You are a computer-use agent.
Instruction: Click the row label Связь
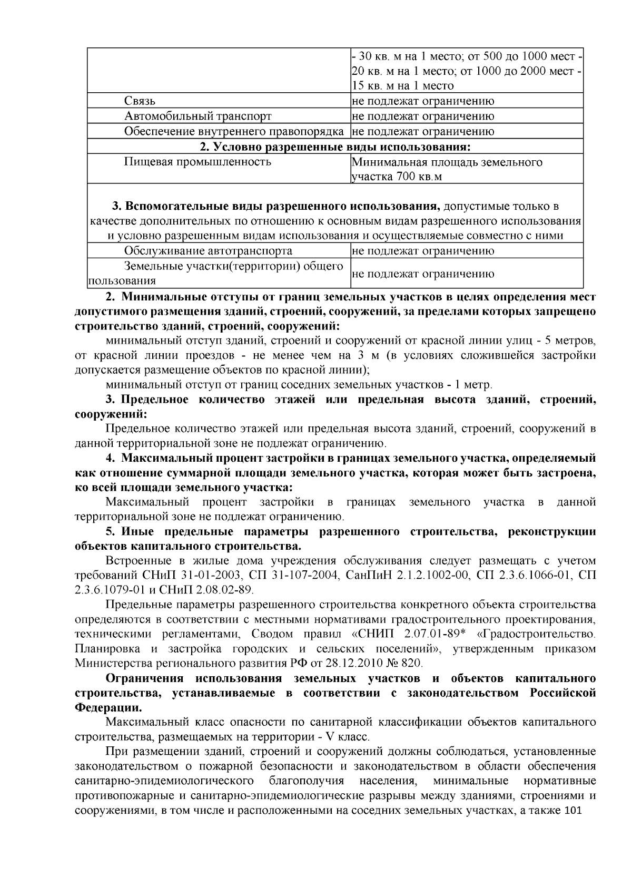pos(140,101)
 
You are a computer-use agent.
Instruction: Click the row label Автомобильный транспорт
pos(198,116)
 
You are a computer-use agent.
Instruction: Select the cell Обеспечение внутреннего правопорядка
pos(234,131)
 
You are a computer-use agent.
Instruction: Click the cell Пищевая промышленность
pos(197,162)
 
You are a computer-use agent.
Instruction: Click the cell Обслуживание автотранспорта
pos(208,251)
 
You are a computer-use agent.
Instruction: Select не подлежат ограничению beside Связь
pos(423,101)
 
